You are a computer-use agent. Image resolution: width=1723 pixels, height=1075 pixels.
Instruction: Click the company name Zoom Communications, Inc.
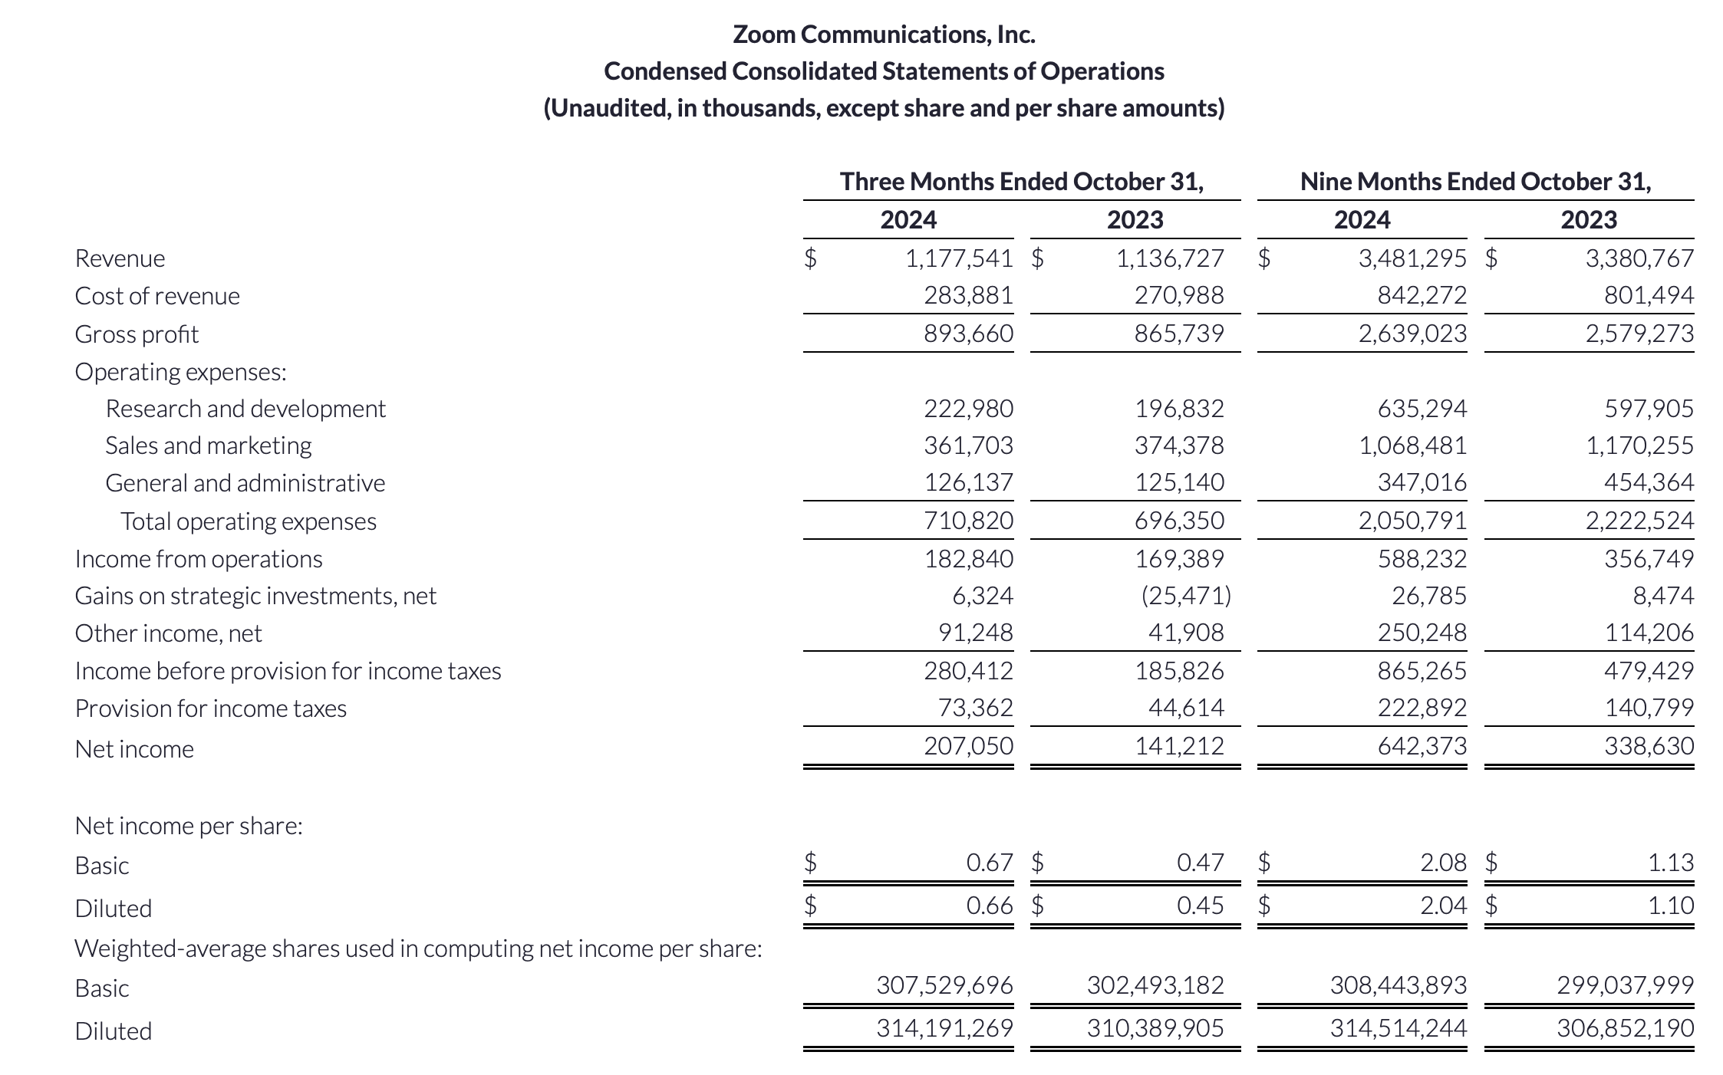[884, 35]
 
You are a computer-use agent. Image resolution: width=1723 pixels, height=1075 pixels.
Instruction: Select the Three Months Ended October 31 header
[1021, 182]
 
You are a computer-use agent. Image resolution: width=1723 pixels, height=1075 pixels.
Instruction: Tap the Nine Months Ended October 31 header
[1475, 182]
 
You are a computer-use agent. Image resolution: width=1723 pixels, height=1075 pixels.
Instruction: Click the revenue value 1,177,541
[959, 258]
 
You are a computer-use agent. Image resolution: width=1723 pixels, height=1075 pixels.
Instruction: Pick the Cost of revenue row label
[157, 296]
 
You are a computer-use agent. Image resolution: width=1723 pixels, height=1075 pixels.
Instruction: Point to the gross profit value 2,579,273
[1639, 334]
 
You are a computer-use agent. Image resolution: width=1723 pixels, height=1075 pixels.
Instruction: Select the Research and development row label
[245, 409]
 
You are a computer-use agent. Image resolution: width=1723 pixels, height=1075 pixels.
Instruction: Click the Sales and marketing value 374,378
[1179, 445]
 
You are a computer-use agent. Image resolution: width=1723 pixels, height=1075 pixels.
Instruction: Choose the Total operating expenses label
[249, 521]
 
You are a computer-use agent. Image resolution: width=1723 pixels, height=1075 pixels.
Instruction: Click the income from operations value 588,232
[1422, 559]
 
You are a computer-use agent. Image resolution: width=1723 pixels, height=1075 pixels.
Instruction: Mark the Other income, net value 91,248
[975, 633]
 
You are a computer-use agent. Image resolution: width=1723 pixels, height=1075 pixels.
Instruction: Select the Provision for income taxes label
[211, 708]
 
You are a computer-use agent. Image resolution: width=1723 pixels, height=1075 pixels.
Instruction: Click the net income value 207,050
[968, 745]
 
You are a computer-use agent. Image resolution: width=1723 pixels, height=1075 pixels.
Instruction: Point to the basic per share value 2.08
[1443, 863]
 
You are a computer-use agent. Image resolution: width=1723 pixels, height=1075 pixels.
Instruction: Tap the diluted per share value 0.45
[1200, 906]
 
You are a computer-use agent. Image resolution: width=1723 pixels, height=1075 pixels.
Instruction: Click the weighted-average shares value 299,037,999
[1625, 985]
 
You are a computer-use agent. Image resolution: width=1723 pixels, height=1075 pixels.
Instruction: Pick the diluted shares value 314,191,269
[944, 1027]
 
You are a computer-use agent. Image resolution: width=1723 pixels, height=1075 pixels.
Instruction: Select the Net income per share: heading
[189, 826]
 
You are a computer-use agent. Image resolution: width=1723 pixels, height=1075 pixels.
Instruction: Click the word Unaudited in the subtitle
[598, 108]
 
